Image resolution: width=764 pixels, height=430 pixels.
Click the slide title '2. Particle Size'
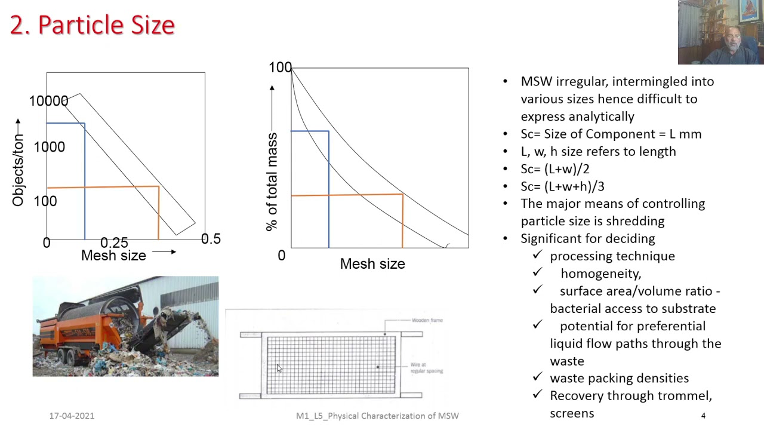click(x=93, y=25)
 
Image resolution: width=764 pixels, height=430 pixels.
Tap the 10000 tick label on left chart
click(x=48, y=101)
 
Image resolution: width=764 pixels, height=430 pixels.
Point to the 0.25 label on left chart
click(x=114, y=242)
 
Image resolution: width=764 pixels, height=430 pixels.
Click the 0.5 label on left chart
click(x=211, y=239)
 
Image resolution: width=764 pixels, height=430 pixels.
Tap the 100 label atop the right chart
click(x=280, y=67)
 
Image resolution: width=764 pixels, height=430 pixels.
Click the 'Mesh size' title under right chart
click(x=372, y=263)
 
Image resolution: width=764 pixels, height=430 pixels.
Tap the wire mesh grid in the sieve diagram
click(x=331, y=364)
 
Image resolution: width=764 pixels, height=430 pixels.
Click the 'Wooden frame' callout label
click(x=427, y=320)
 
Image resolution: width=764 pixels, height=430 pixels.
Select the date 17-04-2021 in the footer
click(x=72, y=416)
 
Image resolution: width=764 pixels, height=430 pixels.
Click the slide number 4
click(x=703, y=416)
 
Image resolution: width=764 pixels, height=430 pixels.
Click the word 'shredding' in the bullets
click(x=634, y=221)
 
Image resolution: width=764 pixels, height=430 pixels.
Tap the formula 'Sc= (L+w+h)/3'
click(x=562, y=186)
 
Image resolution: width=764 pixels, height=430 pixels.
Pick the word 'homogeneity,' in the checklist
click(x=600, y=274)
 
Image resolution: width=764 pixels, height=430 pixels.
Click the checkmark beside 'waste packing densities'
click(x=537, y=377)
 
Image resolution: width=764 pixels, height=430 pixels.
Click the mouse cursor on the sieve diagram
click(x=278, y=368)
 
